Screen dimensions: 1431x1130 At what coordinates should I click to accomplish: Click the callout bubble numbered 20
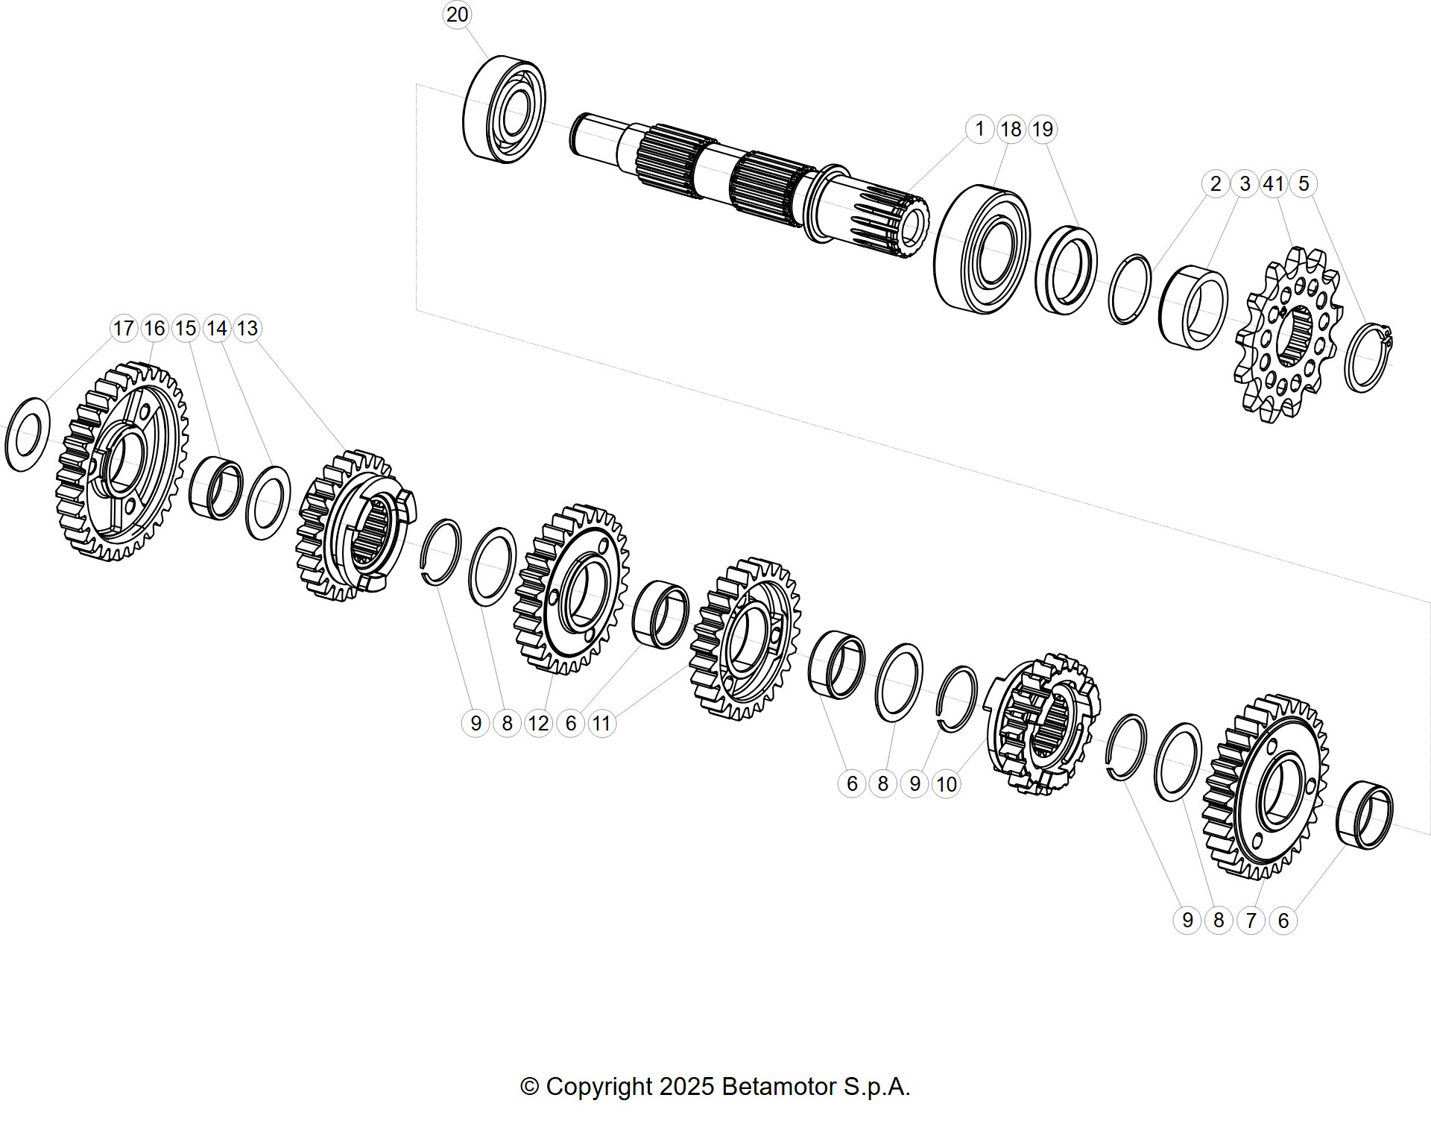[x=457, y=14]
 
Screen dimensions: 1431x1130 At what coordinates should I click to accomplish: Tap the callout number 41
[x=1274, y=183]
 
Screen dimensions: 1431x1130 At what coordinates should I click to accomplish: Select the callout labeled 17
[x=123, y=328]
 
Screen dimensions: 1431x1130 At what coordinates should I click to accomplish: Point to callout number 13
[x=247, y=328]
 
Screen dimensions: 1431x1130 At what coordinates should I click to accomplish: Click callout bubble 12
[x=538, y=723]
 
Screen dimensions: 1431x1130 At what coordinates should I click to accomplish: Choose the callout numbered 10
[x=946, y=784]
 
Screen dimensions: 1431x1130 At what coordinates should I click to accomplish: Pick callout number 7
[x=1251, y=921]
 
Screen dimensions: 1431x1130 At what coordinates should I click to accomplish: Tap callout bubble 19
[x=1042, y=129]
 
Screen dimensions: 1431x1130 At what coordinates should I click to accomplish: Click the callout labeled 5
[x=1304, y=183]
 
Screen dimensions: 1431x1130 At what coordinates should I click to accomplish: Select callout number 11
[x=601, y=723]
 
